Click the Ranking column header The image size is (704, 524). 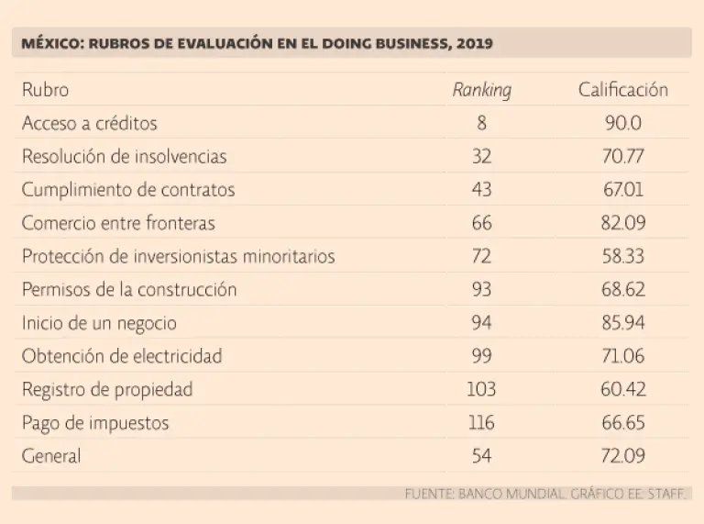point(481,90)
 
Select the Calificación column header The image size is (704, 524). point(622,90)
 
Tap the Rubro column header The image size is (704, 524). point(45,90)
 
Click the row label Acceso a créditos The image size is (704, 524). point(90,123)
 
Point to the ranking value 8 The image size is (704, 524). point(481,123)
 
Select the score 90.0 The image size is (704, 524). point(622,123)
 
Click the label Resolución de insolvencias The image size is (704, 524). point(124,157)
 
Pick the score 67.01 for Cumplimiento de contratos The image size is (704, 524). point(622,190)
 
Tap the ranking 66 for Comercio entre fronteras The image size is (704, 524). point(481,223)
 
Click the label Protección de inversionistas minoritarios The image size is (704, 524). point(178,256)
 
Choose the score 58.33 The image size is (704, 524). point(622,256)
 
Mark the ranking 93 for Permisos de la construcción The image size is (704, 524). point(481,290)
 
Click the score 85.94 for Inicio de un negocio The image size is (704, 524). point(622,323)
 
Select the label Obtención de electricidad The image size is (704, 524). point(122,356)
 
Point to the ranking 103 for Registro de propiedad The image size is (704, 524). point(481,389)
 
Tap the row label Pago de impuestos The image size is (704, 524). point(95,423)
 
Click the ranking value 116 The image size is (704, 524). point(481,423)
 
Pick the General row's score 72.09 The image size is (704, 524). point(622,456)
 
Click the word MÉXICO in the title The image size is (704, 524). point(50,43)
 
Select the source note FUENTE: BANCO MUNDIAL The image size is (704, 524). point(485,494)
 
